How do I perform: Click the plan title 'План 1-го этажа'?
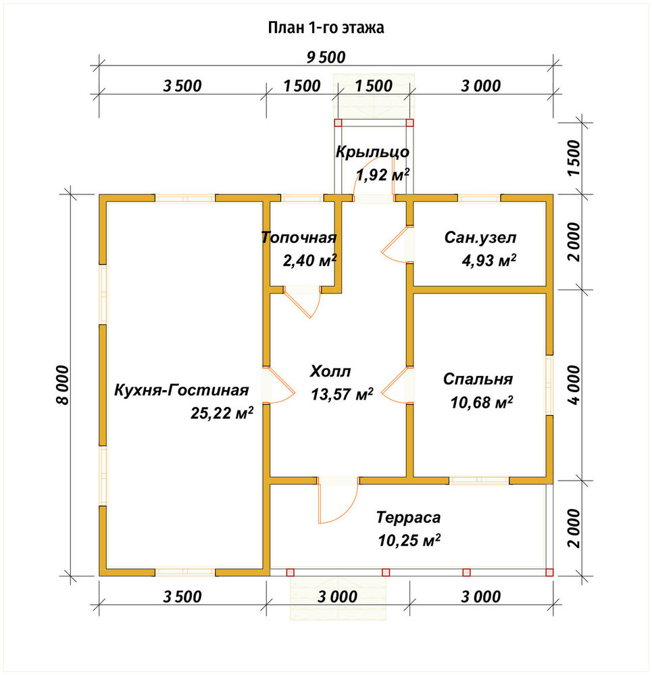pyautogui.click(x=326, y=28)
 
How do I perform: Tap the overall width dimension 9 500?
pyautogui.click(x=326, y=57)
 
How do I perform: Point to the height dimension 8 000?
pyautogui.click(x=62, y=385)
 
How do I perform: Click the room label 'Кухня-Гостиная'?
pyautogui.click(x=182, y=390)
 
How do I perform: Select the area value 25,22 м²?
pyautogui.click(x=222, y=413)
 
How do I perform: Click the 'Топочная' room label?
pyautogui.click(x=299, y=238)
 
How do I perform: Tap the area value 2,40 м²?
pyautogui.click(x=309, y=261)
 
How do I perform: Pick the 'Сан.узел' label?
pyautogui.click(x=480, y=238)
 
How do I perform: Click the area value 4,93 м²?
pyautogui.click(x=488, y=261)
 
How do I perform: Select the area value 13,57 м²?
pyautogui.click(x=342, y=394)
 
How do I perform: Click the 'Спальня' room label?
pyautogui.click(x=478, y=379)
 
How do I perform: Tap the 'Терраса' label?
pyautogui.click(x=409, y=517)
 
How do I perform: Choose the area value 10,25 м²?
pyautogui.click(x=409, y=540)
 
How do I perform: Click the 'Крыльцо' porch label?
pyautogui.click(x=372, y=152)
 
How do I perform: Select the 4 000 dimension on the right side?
pyautogui.click(x=574, y=385)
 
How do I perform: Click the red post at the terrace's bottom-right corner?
pyautogui.click(x=549, y=572)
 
